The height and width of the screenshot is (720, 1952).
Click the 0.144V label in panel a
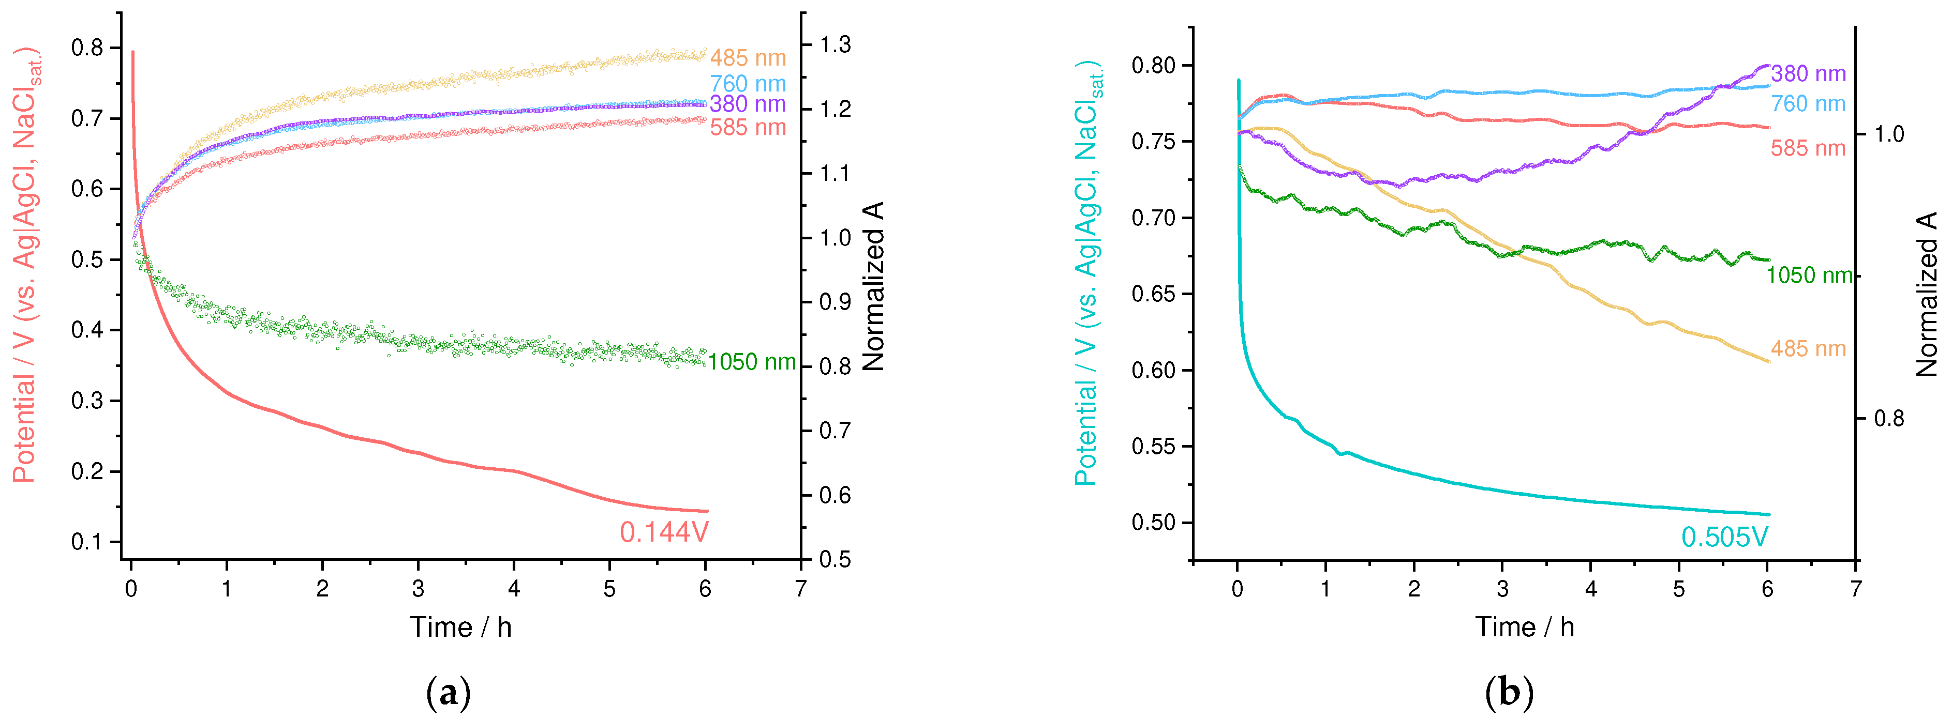(664, 533)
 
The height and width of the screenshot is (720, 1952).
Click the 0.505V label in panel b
(1725, 538)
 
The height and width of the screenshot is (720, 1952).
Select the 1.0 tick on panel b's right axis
(1889, 134)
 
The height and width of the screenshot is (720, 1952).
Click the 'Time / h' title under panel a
(461, 627)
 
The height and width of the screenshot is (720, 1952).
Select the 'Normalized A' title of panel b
(1926, 294)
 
